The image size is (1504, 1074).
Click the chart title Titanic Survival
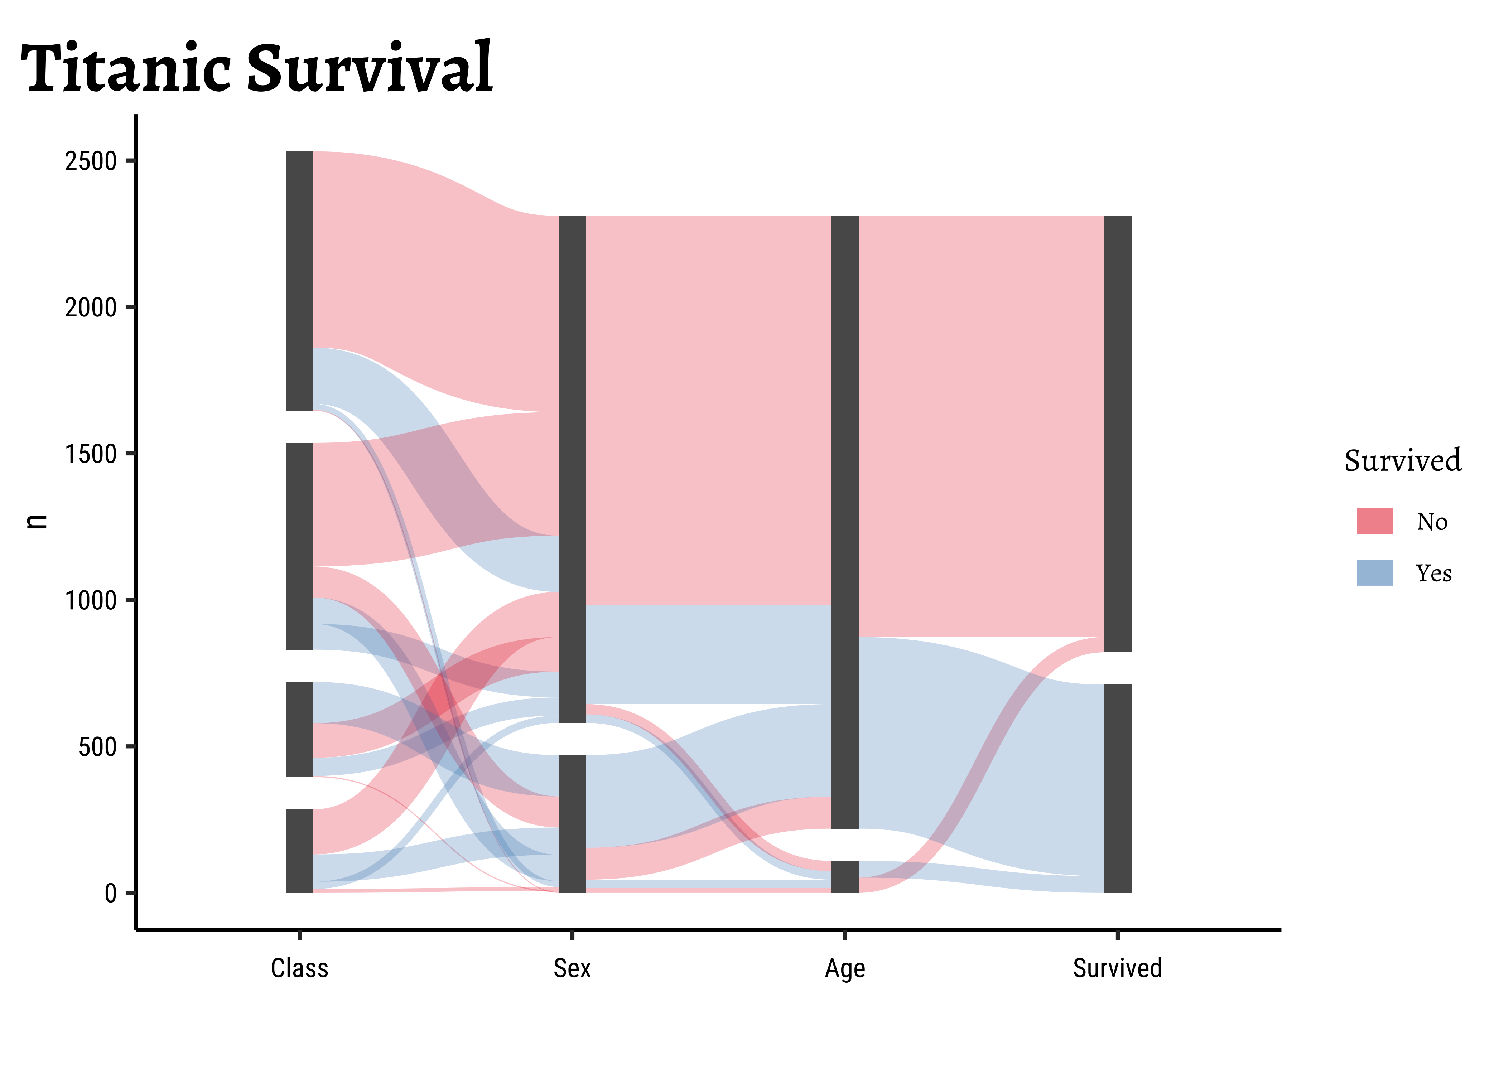[257, 68]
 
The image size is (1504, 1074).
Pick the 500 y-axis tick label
[97, 747]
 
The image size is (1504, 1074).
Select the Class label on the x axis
[300, 968]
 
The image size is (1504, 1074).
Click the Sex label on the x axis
[572, 968]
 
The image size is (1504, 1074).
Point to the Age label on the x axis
[845, 968]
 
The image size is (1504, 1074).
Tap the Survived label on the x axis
[1117, 968]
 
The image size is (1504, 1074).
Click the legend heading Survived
[1402, 461]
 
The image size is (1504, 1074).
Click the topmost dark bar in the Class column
[300, 281]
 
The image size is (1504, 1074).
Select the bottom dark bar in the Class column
[300, 851]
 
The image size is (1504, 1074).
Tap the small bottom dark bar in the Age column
[845, 877]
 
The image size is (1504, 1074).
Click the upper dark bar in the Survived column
[1118, 434]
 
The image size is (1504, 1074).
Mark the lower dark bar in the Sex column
[572, 824]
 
